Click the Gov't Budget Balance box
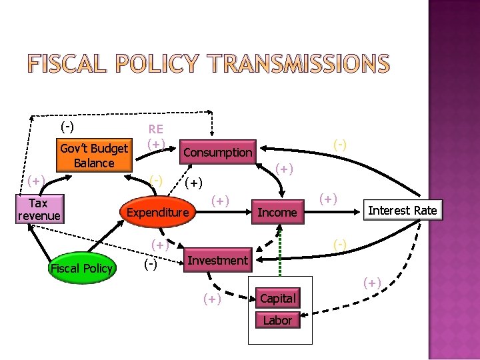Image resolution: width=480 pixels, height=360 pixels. (x=94, y=156)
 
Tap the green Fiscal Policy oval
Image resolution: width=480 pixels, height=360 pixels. (x=83, y=269)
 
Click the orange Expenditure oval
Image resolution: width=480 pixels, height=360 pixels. (x=158, y=213)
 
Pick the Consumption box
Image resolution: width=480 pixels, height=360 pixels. (x=218, y=152)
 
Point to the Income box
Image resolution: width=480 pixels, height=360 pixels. (x=277, y=212)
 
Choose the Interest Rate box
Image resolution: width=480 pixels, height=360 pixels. (x=403, y=211)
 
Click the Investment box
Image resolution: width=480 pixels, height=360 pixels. (x=217, y=260)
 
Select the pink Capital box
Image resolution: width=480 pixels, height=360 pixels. (x=277, y=298)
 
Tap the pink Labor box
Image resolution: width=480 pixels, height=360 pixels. (x=277, y=320)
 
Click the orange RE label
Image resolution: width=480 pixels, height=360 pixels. (x=156, y=129)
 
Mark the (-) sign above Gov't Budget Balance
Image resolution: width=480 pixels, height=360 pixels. (x=67, y=125)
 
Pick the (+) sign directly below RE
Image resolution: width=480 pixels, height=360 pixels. (x=156, y=143)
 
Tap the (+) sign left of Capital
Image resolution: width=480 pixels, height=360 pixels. (x=212, y=299)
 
